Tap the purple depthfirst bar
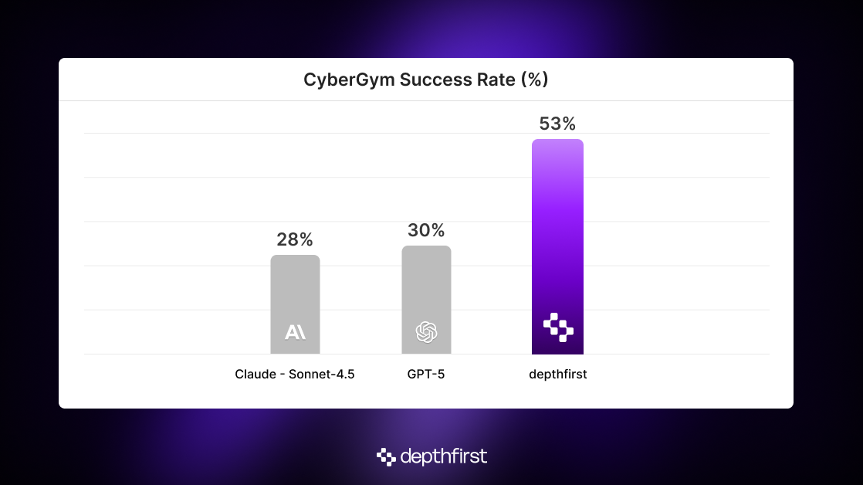coord(557,232)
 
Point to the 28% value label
coord(295,240)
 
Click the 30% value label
coord(426,230)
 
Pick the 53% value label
coord(557,124)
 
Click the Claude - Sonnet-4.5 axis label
coord(295,375)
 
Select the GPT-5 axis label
coord(426,375)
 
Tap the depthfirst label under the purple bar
coord(557,375)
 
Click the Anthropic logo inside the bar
coord(295,332)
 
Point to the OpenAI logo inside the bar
coord(426,332)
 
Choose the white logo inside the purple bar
coord(558,327)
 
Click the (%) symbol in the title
coord(535,80)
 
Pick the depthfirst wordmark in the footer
coord(443,457)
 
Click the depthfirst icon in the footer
coord(386,457)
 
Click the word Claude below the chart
coord(254,375)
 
